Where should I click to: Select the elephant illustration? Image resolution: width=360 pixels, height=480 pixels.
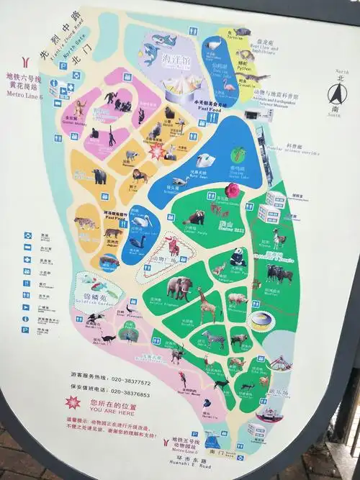click(x=179, y=288)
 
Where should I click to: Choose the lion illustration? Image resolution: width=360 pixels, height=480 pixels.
click(x=140, y=175)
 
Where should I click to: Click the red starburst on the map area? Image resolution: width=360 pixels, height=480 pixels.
click(x=156, y=151)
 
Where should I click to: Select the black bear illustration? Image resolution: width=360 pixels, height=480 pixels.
click(x=99, y=175)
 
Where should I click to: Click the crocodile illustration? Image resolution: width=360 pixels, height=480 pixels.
click(x=251, y=76)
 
